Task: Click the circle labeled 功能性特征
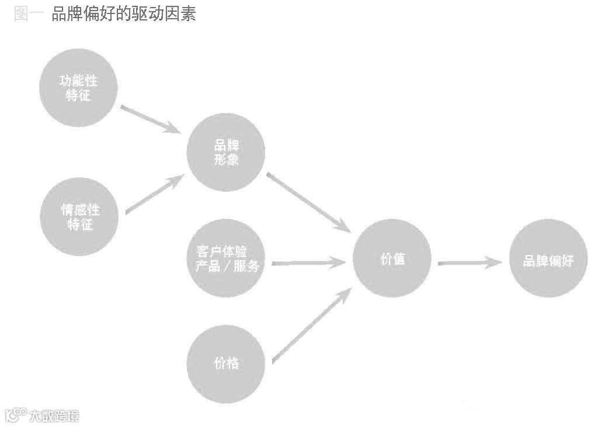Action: point(79,88)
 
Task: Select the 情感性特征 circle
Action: point(79,216)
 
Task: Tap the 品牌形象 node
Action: point(226,152)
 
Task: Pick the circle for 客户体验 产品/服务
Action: point(226,259)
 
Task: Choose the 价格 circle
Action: point(226,363)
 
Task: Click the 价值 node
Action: point(392,258)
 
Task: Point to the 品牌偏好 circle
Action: point(548,259)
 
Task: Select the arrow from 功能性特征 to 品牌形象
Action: point(150,118)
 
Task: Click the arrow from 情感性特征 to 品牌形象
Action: point(154,195)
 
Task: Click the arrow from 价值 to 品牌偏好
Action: point(470,263)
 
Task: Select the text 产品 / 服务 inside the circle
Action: point(226,266)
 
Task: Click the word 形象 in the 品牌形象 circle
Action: point(226,160)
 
